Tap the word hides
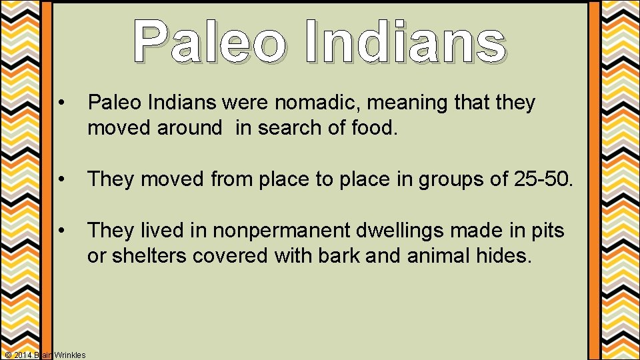[x=507, y=255]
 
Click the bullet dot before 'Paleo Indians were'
[x=61, y=104]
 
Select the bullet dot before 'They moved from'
[x=61, y=179]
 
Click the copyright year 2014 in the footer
[x=23, y=355]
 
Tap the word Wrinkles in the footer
[x=69, y=355]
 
